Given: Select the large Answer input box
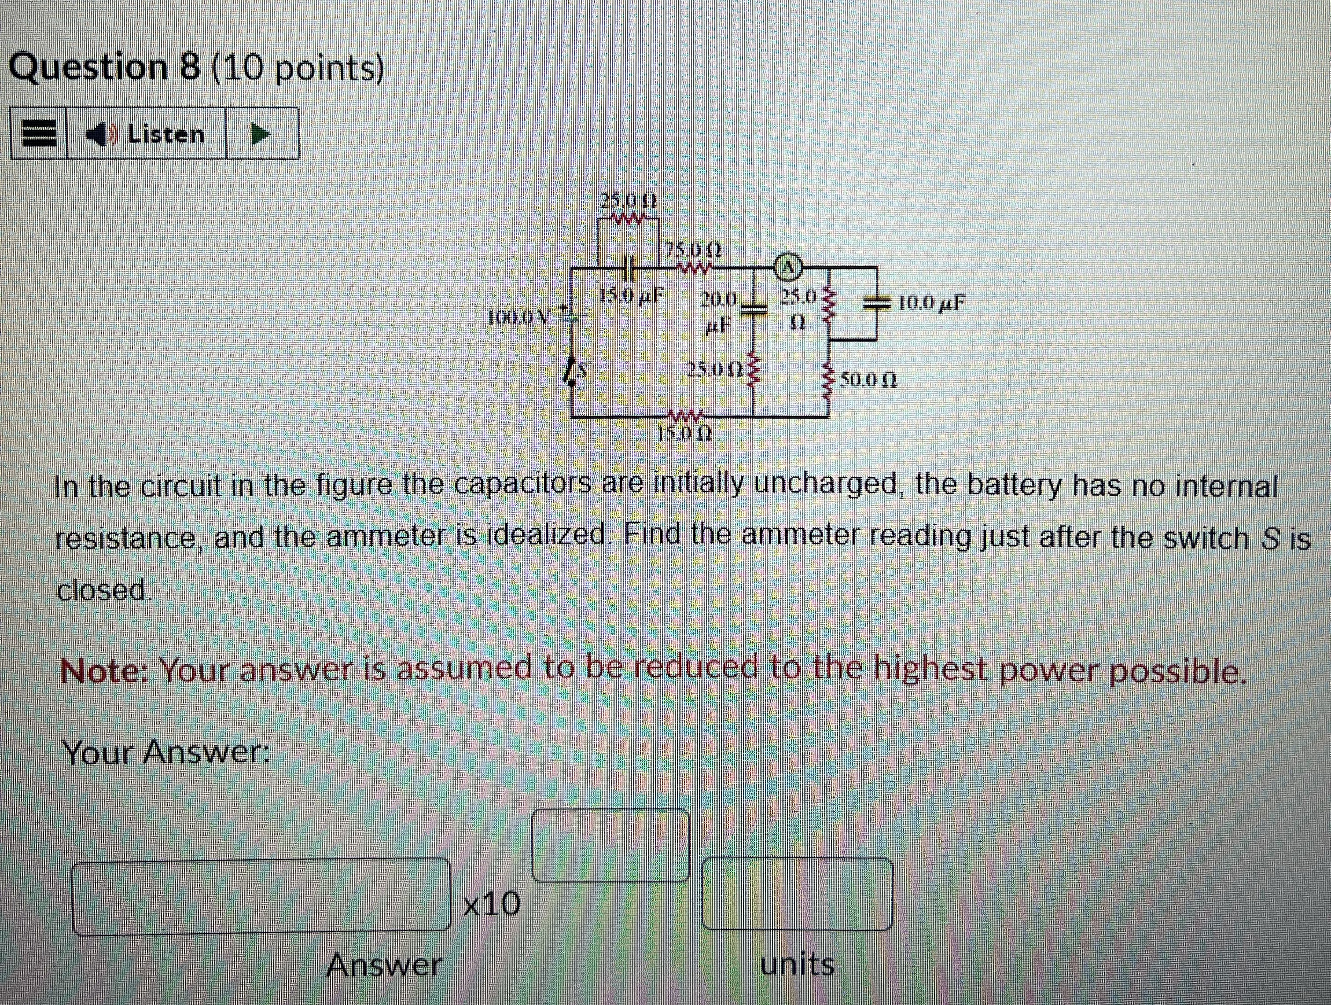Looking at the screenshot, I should click(x=262, y=897).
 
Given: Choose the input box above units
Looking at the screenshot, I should click(x=797, y=894).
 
